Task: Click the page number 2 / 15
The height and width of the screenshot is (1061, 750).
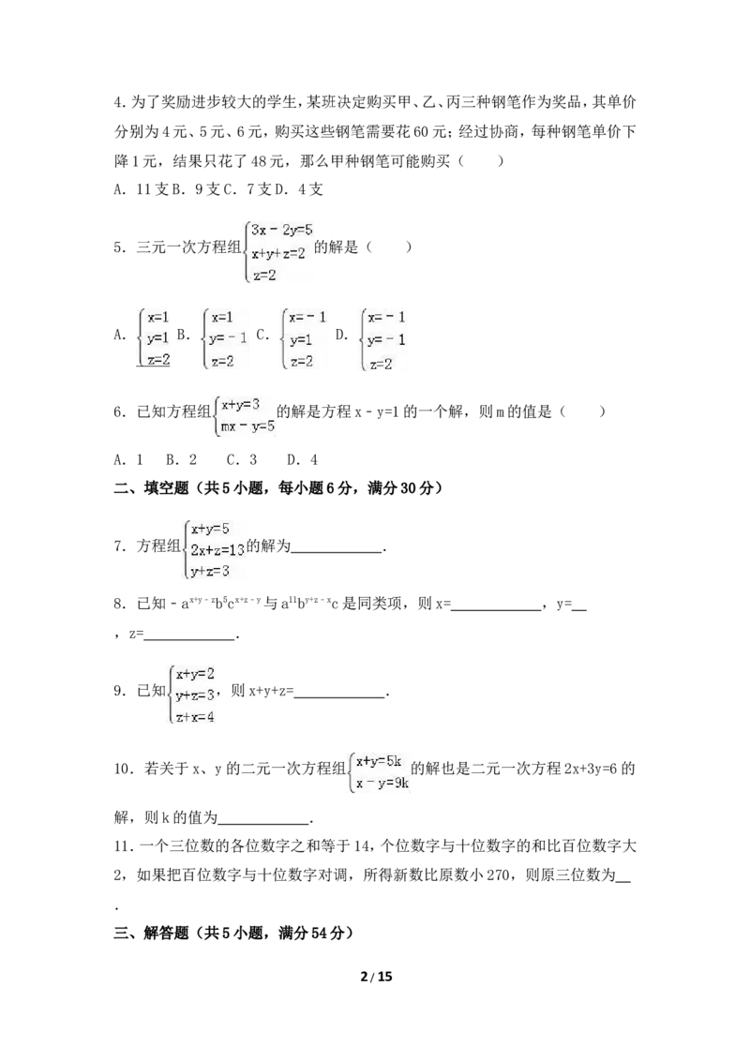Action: (376, 977)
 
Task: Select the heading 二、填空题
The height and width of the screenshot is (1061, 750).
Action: (151, 488)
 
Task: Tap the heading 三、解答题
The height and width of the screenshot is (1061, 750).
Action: (151, 934)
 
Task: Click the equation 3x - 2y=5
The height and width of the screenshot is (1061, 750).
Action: (281, 230)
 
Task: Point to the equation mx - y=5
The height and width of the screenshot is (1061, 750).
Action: (247, 426)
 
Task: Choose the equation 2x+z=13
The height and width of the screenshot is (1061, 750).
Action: (217, 550)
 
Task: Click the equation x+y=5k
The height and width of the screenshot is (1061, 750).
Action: (379, 761)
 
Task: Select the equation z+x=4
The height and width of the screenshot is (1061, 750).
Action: (195, 717)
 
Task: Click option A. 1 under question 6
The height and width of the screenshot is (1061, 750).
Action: (128, 460)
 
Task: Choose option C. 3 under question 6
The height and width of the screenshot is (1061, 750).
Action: (242, 460)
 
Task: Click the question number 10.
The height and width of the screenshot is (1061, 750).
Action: (122, 769)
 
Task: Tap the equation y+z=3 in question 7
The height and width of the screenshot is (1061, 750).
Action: (210, 572)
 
